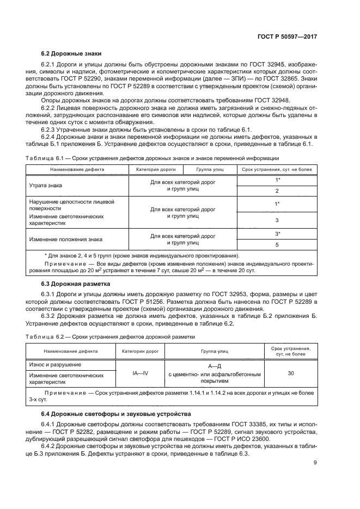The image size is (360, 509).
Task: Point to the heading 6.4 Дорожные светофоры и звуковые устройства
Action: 116,414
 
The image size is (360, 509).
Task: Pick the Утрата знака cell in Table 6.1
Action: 45,186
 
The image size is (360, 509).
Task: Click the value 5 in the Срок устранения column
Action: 277,245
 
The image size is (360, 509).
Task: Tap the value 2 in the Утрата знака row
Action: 277,191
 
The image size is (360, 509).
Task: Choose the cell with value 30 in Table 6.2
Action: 291,374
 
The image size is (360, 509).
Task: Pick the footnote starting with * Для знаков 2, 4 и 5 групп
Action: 141,255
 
